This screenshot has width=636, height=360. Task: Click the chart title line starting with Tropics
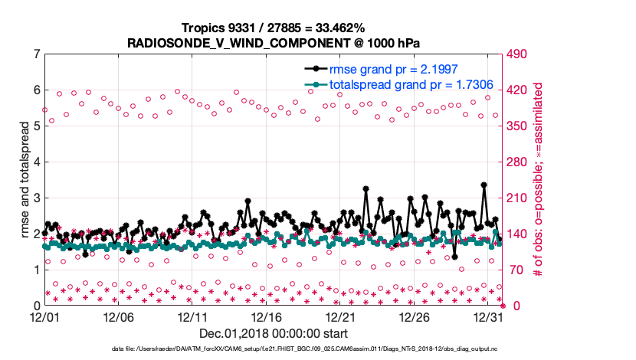(273, 27)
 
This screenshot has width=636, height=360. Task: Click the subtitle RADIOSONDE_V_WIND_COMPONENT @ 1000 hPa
(273, 42)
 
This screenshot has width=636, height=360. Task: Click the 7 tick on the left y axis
(37, 54)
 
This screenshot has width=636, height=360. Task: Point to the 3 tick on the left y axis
(37, 198)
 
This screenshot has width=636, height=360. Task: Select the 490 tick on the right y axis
(520, 54)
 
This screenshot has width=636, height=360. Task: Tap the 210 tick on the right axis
(520, 198)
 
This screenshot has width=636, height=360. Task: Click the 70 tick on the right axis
(516, 270)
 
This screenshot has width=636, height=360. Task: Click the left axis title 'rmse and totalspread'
(25, 179)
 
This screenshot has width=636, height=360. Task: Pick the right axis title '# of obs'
(538, 179)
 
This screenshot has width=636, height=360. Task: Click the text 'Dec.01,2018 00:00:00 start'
(273, 333)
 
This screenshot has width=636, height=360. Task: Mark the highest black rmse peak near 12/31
(484, 185)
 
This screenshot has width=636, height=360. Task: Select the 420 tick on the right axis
(520, 90)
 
